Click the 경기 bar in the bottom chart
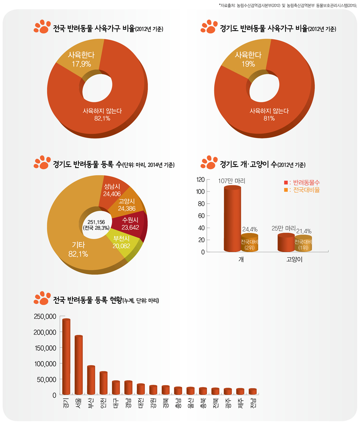pyautogui.click(x=66, y=356)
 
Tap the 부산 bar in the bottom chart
pyautogui.click(x=91, y=379)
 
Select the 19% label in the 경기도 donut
pyautogui.click(x=248, y=64)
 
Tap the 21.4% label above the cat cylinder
pyautogui.click(x=304, y=231)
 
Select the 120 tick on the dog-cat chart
pyautogui.click(x=201, y=179)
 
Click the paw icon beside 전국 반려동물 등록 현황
pyautogui.click(x=42, y=298)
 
